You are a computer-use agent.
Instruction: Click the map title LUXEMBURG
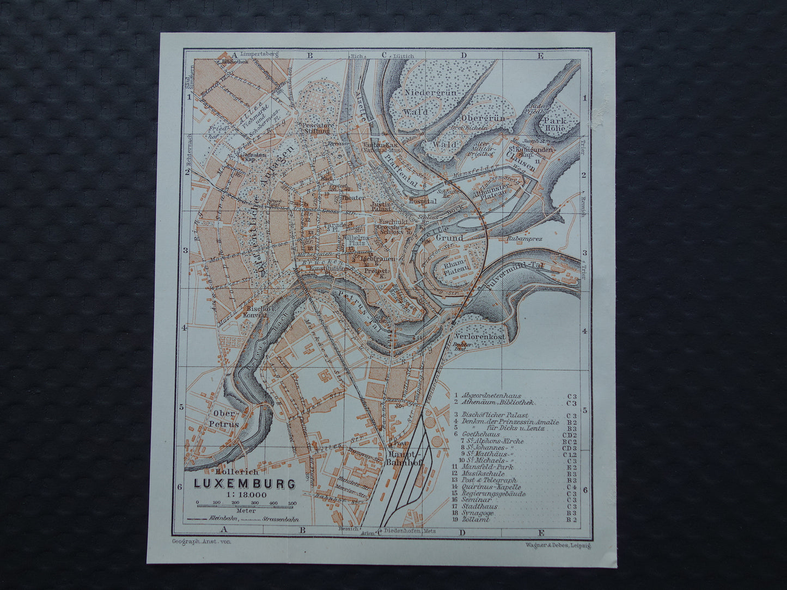pyautogui.click(x=245, y=483)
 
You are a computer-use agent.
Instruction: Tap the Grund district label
pyautogui.click(x=450, y=238)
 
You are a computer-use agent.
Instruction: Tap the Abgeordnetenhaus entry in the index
pyautogui.click(x=491, y=396)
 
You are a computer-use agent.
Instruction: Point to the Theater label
pyautogui.click(x=353, y=198)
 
